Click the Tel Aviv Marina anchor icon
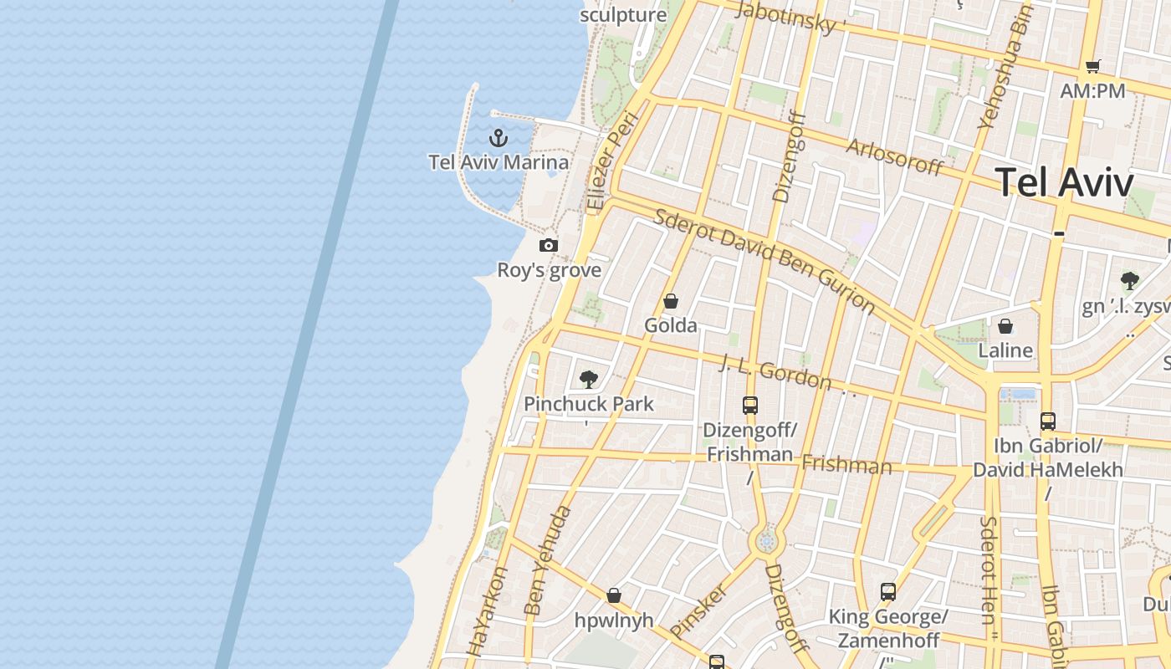(x=499, y=137)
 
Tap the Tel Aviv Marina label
(x=499, y=162)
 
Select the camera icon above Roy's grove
(x=549, y=245)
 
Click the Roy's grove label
(x=550, y=270)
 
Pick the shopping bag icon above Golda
(x=670, y=301)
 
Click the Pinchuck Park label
(x=589, y=404)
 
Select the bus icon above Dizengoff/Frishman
(x=750, y=406)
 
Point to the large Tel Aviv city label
(x=1065, y=182)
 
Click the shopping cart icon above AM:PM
(x=1092, y=66)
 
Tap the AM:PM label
(x=1092, y=90)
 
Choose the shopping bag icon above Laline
(x=1005, y=326)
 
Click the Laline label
(x=1005, y=350)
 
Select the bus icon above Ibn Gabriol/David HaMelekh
(x=1048, y=421)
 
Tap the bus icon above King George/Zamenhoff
(x=888, y=592)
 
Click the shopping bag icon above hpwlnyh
(x=614, y=595)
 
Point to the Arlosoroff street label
(x=895, y=156)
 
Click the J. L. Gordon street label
(x=775, y=373)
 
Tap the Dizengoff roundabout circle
(x=766, y=542)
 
